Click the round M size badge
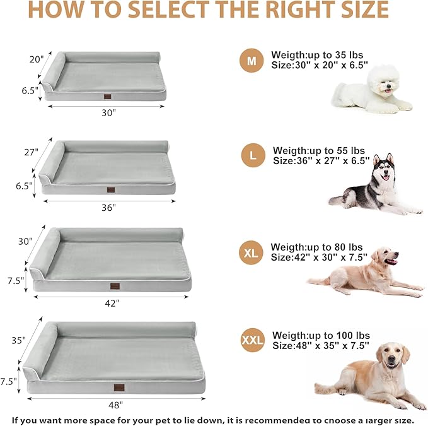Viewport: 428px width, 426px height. point(252,61)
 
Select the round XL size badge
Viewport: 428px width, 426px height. point(252,254)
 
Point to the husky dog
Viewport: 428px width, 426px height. point(374,186)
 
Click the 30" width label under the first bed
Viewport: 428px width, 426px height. point(109,113)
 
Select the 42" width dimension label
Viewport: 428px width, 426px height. point(112,303)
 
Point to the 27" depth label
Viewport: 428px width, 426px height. point(32,152)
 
